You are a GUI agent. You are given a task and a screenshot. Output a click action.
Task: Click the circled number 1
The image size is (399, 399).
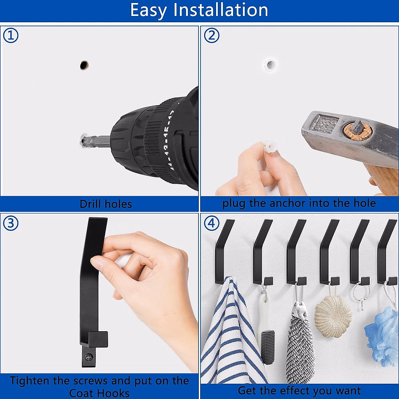click(x=11, y=35)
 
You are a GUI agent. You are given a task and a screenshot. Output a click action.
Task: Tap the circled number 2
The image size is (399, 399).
click(x=211, y=35)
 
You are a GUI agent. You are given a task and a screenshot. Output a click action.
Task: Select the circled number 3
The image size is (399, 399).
click(x=11, y=223)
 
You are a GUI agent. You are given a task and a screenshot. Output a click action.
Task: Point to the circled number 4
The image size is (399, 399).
click(x=211, y=223)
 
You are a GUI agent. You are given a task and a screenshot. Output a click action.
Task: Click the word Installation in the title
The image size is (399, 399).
click(x=221, y=10)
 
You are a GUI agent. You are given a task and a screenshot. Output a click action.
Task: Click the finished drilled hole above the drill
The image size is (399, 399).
click(x=84, y=65)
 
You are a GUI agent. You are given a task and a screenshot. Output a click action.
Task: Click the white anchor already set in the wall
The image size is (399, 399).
click(x=270, y=65)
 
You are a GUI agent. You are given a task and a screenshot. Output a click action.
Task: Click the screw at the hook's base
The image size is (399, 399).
click(x=89, y=356)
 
